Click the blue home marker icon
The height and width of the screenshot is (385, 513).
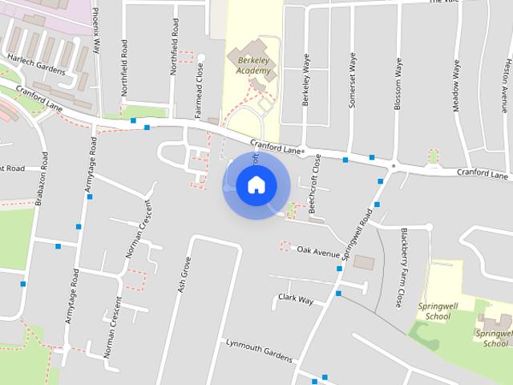pyautogui.click(x=256, y=184)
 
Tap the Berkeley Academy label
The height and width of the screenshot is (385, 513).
pyautogui.click(x=249, y=64)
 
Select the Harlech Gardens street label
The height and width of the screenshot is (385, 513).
pyautogui.click(x=35, y=64)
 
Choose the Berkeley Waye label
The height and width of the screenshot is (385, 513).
pyautogui.click(x=305, y=79)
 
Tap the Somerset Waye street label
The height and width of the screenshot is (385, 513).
pyautogui.click(x=351, y=79)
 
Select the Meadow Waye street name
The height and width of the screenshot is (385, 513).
pyautogui.click(x=456, y=84)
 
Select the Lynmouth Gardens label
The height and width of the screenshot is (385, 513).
pyautogui.click(x=259, y=349)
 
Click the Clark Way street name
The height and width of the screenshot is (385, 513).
pyautogui.click(x=295, y=298)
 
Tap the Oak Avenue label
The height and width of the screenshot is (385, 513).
pyautogui.click(x=318, y=251)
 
